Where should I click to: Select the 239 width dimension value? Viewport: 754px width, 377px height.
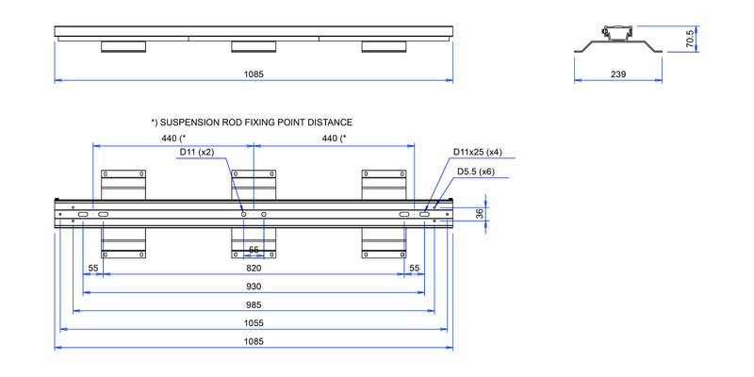618,74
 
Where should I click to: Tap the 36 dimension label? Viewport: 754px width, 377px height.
480,214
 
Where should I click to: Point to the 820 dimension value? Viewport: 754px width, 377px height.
254,269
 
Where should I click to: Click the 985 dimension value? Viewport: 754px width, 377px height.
254,304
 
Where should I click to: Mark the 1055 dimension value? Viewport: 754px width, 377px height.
254,322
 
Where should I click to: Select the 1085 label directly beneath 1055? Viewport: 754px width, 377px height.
254,341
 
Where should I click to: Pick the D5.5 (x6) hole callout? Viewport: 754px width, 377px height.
476,172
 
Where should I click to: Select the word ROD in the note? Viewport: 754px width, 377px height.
233,123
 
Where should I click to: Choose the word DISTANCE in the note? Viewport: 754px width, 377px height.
335,123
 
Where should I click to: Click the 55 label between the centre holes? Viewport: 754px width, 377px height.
254,250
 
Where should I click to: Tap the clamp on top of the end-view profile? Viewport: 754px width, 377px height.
619,31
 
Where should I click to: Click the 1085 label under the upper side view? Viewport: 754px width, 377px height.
254,74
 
